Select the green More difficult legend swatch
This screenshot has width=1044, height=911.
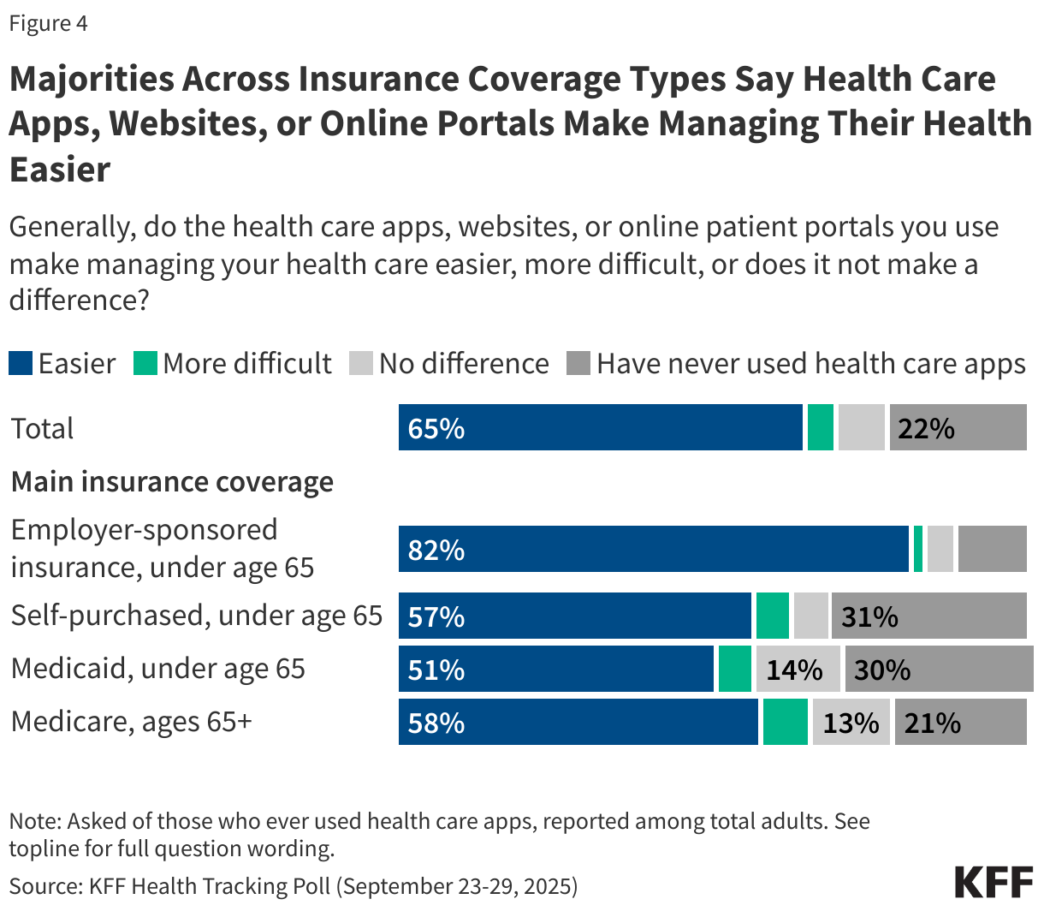click(x=145, y=364)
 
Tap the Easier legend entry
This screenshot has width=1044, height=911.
click(x=62, y=364)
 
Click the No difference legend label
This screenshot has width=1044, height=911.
click(x=463, y=364)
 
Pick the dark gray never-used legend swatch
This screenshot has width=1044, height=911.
click(x=578, y=364)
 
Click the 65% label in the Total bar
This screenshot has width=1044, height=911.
click(x=436, y=428)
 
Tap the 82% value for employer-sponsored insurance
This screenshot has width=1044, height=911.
click(x=436, y=550)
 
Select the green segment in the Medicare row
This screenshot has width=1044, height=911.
click(x=785, y=723)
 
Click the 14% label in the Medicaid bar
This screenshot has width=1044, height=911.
click(x=793, y=670)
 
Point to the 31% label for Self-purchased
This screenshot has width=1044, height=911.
click(x=869, y=616)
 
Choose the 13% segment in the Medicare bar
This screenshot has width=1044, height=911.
click(x=850, y=723)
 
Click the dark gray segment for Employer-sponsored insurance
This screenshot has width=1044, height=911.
click(x=992, y=550)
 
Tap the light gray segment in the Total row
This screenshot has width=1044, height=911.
click(x=861, y=428)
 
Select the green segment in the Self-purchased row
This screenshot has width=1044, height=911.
click(x=772, y=616)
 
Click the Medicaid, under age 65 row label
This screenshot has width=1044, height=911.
click(x=158, y=669)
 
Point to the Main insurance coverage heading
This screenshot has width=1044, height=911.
click(x=172, y=482)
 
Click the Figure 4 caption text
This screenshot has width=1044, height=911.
click(x=48, y=23)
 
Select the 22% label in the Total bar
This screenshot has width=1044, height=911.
click(x=926, y=428)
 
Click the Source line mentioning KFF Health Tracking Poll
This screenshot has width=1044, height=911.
click(x=294, y=885)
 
